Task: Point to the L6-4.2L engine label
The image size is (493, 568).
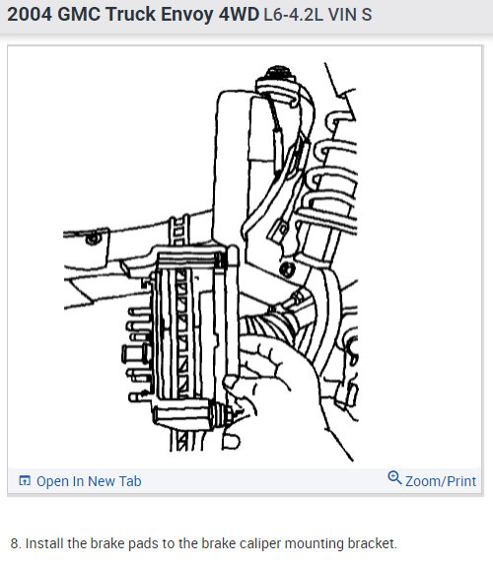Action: click(x=295, y=18)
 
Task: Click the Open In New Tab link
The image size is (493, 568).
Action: click(x=89, y=481)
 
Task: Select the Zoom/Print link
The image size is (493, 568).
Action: click(x=441, y=481)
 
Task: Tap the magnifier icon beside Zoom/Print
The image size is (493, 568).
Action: click(x=394, y=478)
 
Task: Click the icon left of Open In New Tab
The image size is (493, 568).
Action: click(x=25, y=481)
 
